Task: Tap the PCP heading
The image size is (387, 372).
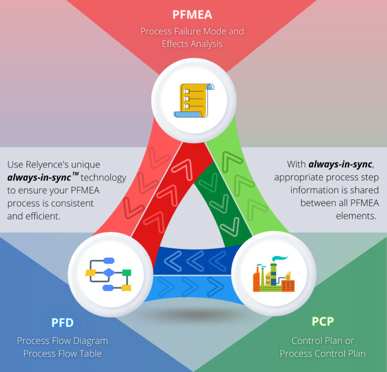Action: (322, 321)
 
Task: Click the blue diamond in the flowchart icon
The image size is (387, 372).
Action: (109, 273)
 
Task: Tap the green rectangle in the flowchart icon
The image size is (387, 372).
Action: (126, 273)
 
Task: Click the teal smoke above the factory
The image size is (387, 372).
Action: (280, 259)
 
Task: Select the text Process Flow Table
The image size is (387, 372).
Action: (62, 353)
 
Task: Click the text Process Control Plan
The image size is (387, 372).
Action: (322, 353)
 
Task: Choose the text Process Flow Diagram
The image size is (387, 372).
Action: (62, 341)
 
